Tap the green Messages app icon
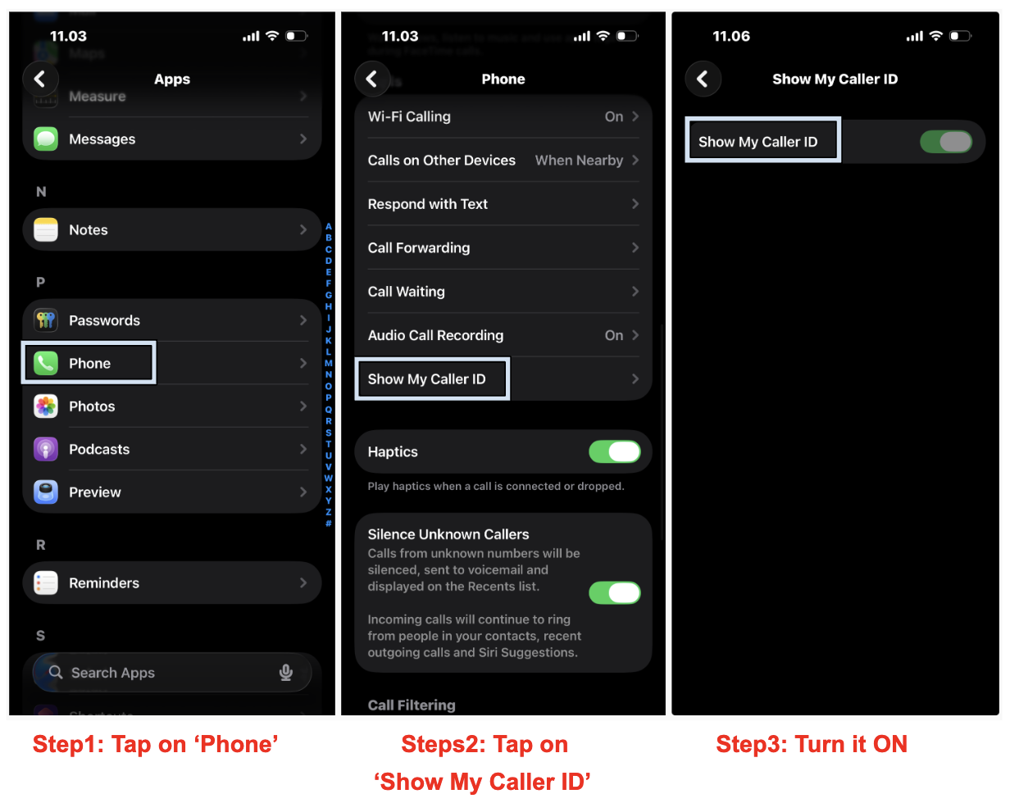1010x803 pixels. coord(46,138)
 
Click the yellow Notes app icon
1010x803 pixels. coord(46,229)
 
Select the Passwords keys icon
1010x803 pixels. coord(46,320)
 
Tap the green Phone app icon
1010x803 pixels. coord(46,363)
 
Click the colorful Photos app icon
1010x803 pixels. coord(46,406)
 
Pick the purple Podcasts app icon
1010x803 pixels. coord(46,449)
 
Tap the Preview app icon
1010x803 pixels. coord(46,492)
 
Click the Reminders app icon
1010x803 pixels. coord(46,583)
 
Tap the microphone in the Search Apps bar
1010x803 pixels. coord(286,672)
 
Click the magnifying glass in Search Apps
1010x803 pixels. coord(56,672)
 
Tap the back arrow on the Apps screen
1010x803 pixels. coord(40,79)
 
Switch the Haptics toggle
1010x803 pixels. coord(614,451)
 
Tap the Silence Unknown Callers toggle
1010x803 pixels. coord(614,592)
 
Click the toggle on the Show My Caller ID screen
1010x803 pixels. coord(946,142)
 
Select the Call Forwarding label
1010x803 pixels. coord(419,247)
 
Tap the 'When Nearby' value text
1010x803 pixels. coord(579,161)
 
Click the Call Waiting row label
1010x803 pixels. coord(406,292)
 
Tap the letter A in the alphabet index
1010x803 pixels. coord(329,226)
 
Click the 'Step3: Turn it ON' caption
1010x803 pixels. coord(812,744)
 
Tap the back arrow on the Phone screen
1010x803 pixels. coord(371,79)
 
